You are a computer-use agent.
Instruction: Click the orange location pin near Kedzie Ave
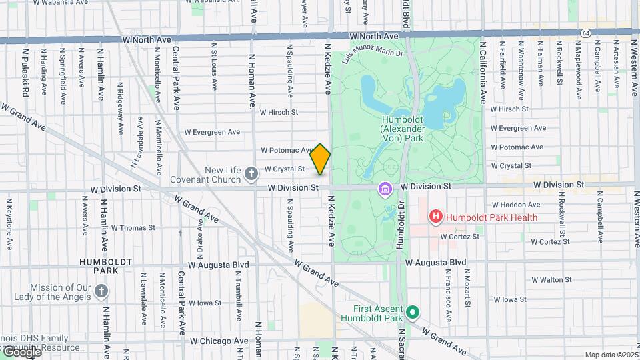point(321,159)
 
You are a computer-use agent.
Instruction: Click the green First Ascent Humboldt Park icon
point(413,312)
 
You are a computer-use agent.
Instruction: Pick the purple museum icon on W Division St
point(385,189)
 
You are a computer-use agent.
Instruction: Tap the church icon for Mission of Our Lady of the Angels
point(101,291)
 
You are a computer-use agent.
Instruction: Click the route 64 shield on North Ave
point(585,32)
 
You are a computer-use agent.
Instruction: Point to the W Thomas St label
point(133,228)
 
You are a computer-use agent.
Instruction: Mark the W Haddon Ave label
point(515,205)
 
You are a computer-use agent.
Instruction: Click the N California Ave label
point(483,73)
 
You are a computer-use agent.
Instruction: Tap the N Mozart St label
point(467,288)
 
